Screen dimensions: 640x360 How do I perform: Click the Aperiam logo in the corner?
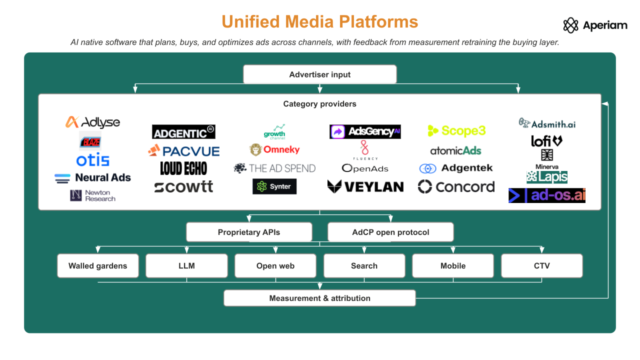click(x=595, y=25)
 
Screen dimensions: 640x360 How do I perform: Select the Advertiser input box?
click(x=319, y=74)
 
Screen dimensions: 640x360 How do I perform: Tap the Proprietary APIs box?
click(x=249, y=232)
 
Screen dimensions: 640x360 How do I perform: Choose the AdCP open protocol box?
click(x=390, y=232)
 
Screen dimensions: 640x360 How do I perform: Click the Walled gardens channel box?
click(x=97, y=265)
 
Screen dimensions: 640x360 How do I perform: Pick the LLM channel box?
click(x=186, y=265)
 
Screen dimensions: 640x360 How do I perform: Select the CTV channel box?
click(x=541, y=265)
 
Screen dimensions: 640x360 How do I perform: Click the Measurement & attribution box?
click(x=319, y=298)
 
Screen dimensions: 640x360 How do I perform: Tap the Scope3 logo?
click(x=456, y=131)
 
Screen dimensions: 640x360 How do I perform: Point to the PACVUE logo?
click(x=183, y=150)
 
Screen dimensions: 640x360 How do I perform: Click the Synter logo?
click(x=274, y=186)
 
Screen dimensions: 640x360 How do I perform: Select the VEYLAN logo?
click(x=365, y=186)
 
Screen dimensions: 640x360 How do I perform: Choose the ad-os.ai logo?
click(x=547, y=195)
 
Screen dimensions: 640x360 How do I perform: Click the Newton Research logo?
click(x=93, y=195)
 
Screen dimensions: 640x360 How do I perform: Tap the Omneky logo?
click(x=274, y=149)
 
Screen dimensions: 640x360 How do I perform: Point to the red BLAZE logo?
click(x=90, y=141)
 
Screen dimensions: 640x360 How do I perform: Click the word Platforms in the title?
click(x=378, y=21)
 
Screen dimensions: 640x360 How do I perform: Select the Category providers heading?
click(x=319, y=103)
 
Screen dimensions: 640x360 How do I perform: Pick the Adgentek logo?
click(x=456, y=168)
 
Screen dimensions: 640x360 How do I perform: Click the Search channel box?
click(x=364, y=265)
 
